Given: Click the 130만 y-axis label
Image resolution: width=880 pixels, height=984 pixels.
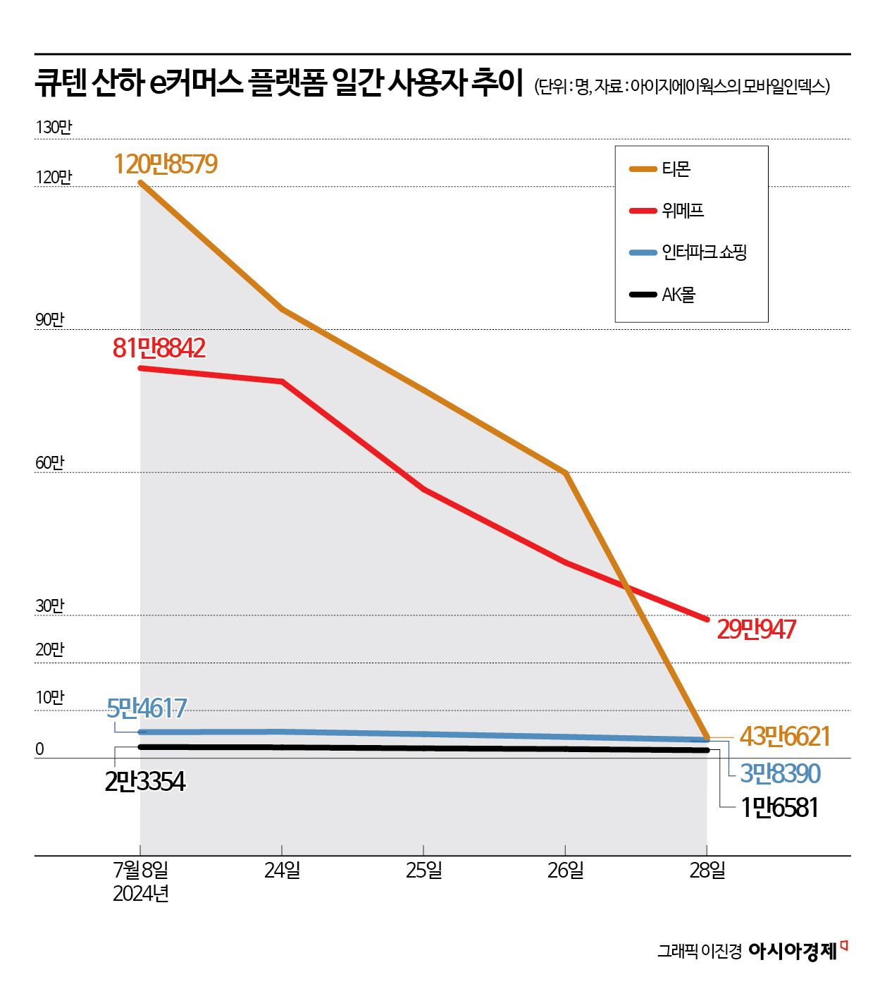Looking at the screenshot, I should (x=54, y=127).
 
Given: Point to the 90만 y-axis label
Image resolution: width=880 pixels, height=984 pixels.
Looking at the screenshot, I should (x=50, y=319).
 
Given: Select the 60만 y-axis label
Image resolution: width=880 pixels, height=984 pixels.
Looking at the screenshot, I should (x=50, y=462).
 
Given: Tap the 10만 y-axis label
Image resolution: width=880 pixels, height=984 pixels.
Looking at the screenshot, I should (x=50, y=697).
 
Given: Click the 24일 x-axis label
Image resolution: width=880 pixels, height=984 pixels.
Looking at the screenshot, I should (x=282, y=871).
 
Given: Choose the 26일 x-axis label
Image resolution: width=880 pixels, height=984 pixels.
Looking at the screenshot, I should (x=566, y=871).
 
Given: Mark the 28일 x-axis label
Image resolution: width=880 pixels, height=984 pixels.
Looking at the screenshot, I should (x=707, y=871).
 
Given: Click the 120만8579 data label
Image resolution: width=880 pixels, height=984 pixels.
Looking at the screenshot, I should (x=166, y=164).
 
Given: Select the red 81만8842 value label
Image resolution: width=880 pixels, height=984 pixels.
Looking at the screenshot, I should (x=159, y=348).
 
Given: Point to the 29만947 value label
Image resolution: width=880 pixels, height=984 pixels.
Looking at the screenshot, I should (x=756, y=629).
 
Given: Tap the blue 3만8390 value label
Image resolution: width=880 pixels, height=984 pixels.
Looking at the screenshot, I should (x=780, y=773).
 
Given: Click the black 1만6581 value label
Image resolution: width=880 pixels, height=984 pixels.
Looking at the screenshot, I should (x=779, y=807).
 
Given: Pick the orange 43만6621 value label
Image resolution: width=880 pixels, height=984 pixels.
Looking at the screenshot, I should (x=785, y=737).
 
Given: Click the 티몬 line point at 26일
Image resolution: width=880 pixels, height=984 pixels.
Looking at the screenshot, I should (x=566, y=473).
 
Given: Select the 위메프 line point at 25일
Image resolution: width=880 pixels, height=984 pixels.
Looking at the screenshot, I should (x=423, y=489).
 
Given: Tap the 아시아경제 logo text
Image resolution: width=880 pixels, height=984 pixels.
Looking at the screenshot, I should (x=793, y=951).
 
